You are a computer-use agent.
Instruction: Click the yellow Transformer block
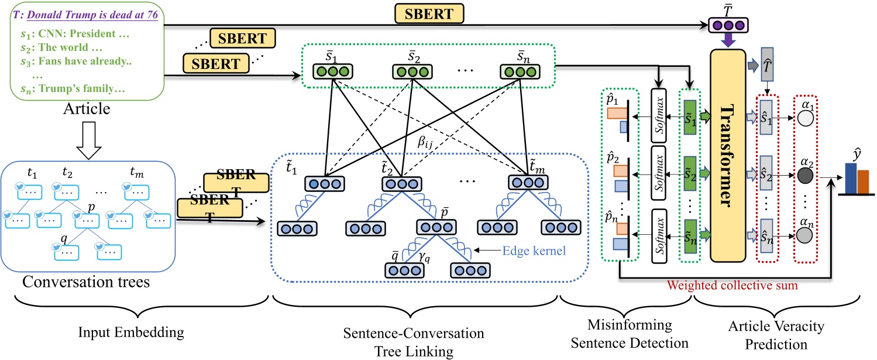pos(728,156)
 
